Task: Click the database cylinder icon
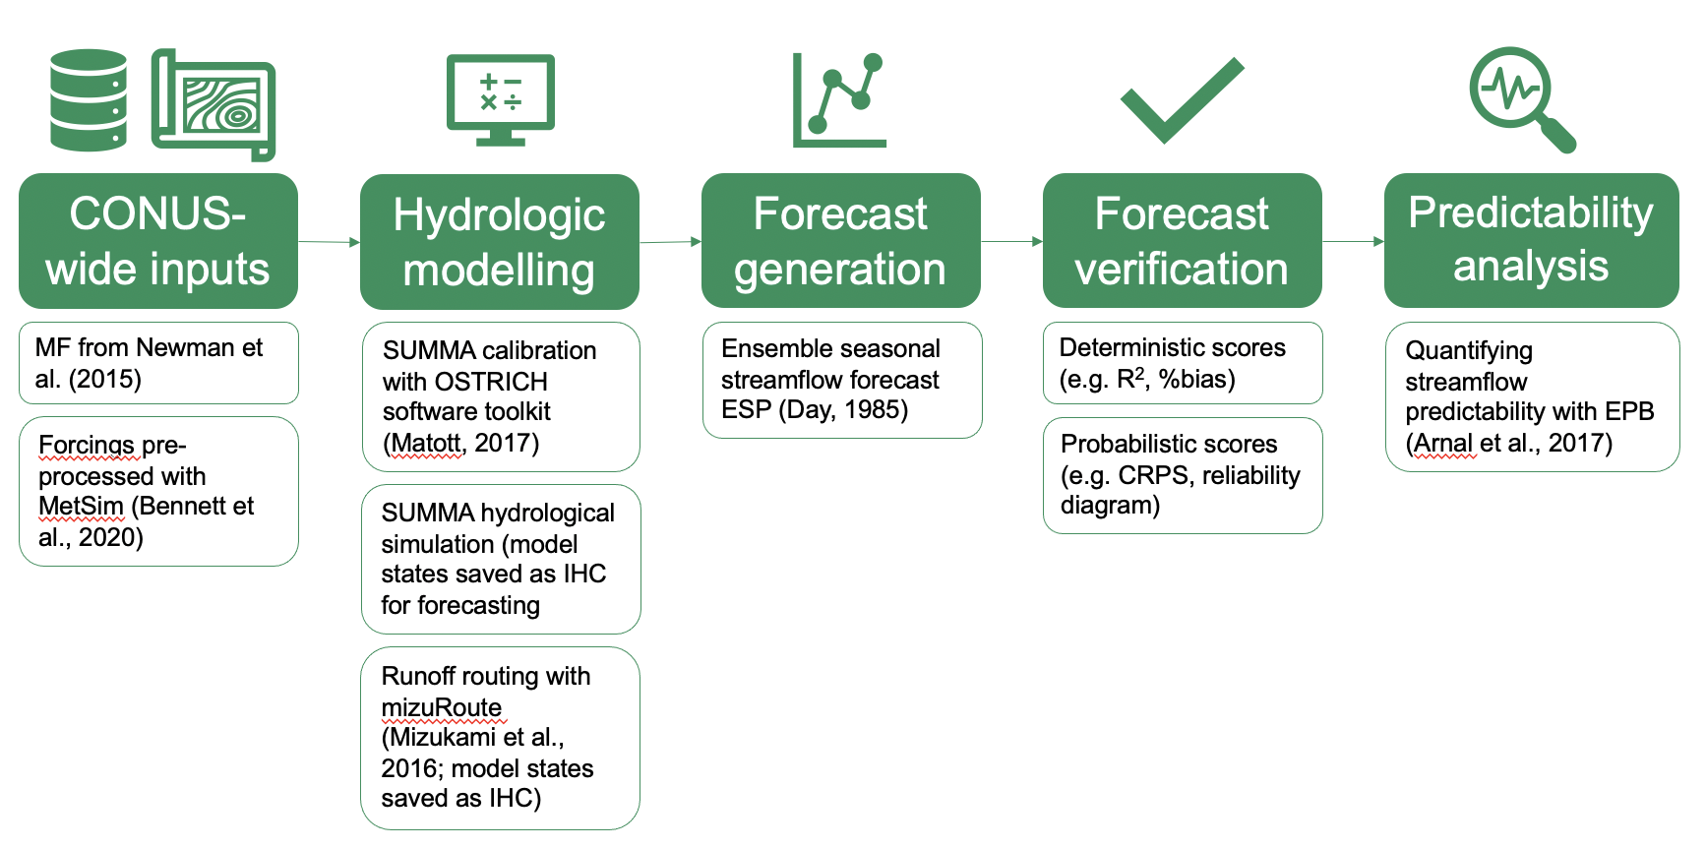[89, 100]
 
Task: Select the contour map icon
[213, 104]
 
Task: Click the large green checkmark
[1183, 100]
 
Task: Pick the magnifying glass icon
[1523, 99]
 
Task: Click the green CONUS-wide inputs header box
[158, 241]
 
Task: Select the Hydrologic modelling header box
[500, 242]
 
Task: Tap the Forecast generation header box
[841, 241]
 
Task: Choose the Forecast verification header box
[1183, 241]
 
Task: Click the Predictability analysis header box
[1532, 241]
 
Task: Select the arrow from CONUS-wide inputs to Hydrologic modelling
[330, 241]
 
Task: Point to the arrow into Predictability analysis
[1354, 241]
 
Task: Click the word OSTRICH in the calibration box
[491, 382]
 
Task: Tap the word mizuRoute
[442, 707]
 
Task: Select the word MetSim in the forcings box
[81, 506]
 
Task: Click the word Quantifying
[1469, 351]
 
